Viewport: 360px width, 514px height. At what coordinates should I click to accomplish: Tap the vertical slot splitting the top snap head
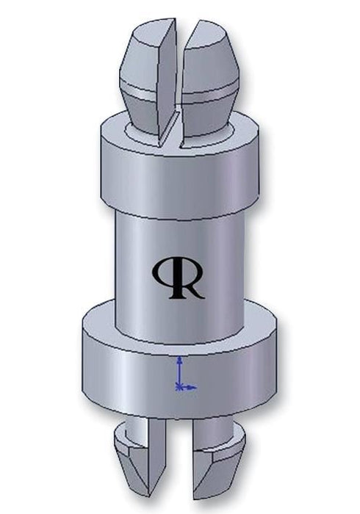(179, 73)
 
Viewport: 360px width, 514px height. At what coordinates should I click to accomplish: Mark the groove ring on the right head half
(217, 94)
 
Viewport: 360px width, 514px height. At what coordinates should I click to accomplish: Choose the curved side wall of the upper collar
(180, 176)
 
